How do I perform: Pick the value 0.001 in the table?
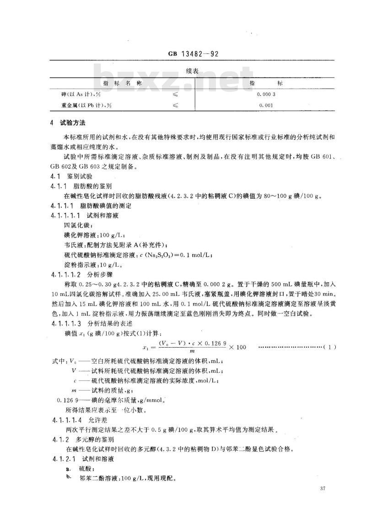[x=266, y=106]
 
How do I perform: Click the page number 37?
[x=323, y=489]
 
